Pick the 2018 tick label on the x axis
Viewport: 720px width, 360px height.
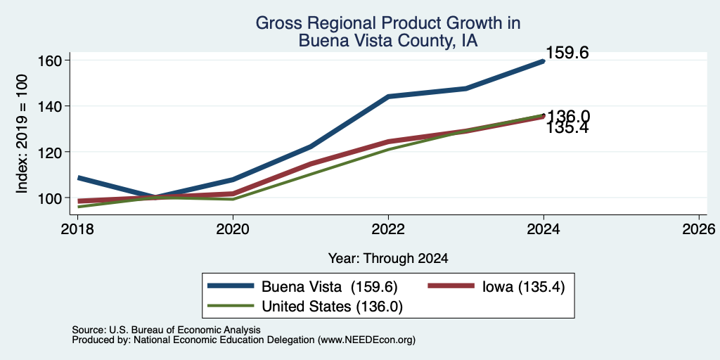(77, 229)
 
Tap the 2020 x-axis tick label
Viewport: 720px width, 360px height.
(233, 229)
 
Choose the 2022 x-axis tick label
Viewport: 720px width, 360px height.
(388, 229)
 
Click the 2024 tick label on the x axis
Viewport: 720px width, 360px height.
(544, 229)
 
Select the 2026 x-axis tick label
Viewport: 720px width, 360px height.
(699, 229)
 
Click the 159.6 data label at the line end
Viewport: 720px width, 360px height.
(567, 53)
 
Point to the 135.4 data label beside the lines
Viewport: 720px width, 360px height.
(567, 128)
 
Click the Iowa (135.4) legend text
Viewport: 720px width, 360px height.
(523, 287)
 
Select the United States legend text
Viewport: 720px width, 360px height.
(332, 307)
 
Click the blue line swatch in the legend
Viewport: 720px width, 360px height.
(231, 285)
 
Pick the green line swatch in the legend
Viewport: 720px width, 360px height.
(231, 305)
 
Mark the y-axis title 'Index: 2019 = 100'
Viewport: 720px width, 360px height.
(22, 134)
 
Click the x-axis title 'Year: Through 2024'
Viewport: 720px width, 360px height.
(388, 259)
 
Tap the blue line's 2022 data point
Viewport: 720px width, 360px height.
(388, 96)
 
